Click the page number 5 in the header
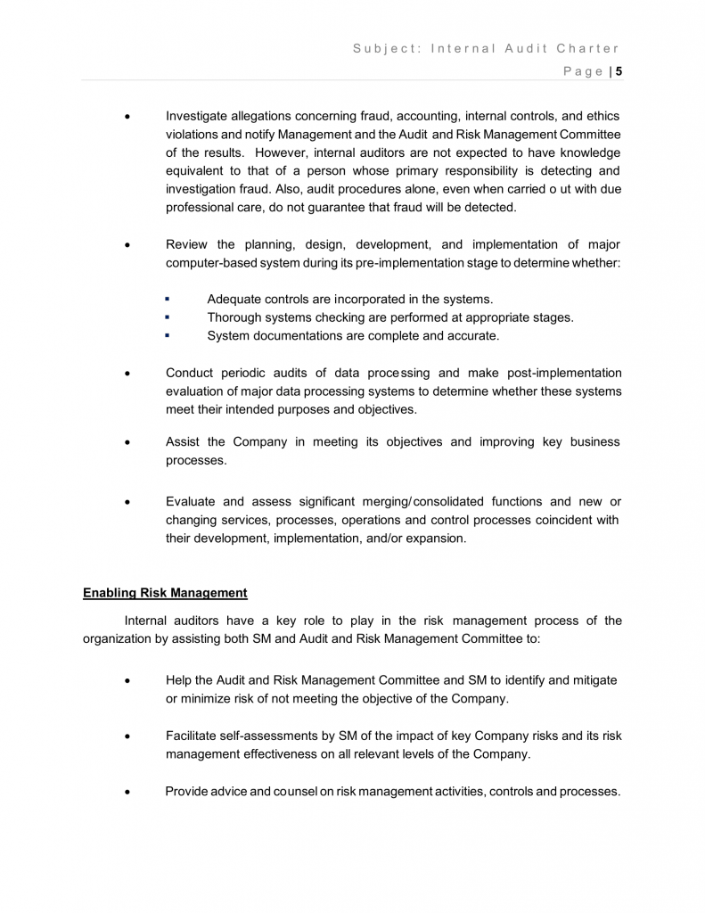click(619, 71)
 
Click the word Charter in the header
click(588, 48)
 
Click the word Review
click(187, 244)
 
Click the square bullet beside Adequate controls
click(167, 300)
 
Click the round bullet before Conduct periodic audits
click(130, 374)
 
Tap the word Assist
click(183, 442)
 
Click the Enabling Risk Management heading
click(165, 592)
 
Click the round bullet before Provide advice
click(130, 792)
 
